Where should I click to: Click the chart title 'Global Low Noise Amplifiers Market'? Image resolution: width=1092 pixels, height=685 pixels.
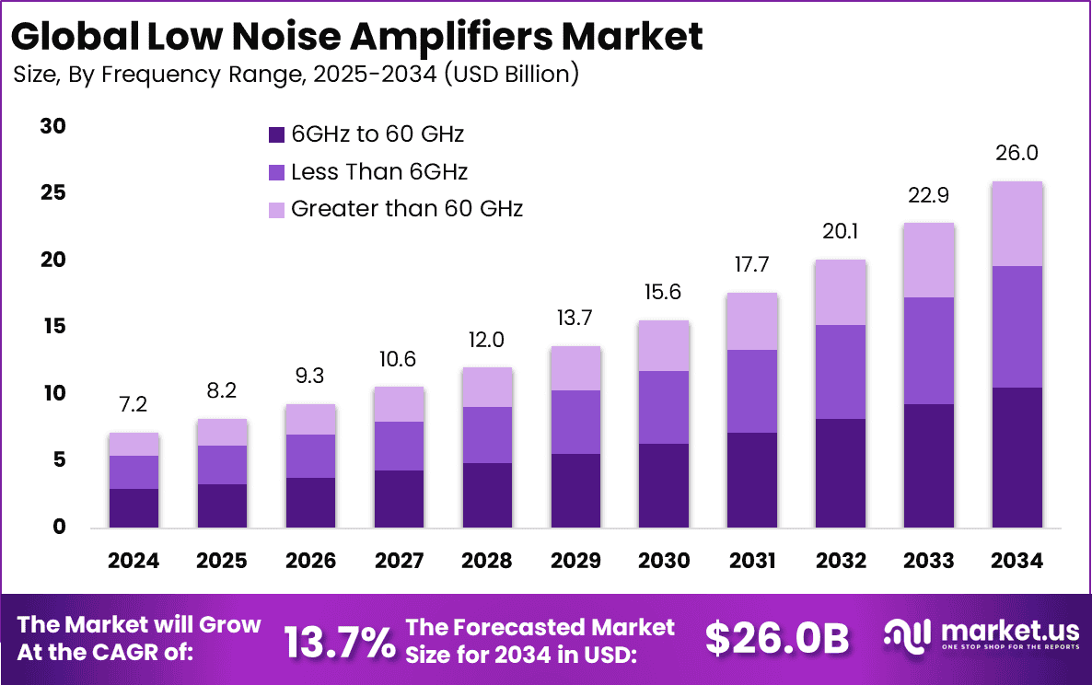357,37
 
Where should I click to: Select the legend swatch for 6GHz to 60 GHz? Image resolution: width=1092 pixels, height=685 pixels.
276,134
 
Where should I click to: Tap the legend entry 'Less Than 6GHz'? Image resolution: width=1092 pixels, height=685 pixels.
378,172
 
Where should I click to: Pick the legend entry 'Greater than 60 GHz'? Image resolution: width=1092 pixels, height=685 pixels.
406,209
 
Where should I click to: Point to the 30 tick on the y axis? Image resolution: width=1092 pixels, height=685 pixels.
52,127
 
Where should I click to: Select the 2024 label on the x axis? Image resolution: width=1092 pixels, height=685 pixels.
134,561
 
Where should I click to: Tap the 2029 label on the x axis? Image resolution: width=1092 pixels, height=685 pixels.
575,561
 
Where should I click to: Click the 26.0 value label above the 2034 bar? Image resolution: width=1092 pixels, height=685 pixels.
1016,154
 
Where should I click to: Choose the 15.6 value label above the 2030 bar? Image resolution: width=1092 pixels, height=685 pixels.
663,294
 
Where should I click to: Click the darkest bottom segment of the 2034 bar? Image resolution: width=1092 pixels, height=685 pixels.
1016,458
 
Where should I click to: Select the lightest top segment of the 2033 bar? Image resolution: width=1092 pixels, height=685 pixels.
928,261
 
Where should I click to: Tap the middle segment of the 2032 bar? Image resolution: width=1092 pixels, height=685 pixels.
840,372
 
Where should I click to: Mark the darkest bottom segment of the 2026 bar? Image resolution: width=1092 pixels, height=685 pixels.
310,503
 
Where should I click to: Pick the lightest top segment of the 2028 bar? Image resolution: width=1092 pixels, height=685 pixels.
487,388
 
